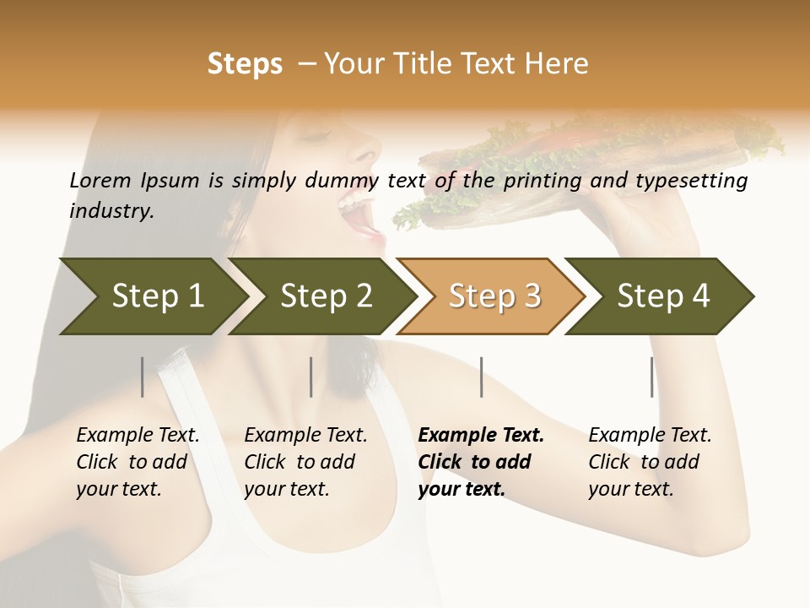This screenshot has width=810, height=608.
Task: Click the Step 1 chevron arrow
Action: [152, 296]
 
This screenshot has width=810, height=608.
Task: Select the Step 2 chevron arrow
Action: [325, 296]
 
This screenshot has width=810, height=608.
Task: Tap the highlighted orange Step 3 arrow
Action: [494, 296]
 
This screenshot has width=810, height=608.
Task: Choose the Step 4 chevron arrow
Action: [662, 296]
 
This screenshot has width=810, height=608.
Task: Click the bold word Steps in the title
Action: [245, 63]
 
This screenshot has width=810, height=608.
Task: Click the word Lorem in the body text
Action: [100, 180]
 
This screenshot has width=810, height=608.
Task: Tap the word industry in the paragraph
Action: [111, 210]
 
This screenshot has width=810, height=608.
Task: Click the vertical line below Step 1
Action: [143, 377]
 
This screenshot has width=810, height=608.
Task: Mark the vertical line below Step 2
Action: [311, 377]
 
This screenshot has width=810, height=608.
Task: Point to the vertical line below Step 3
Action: [482, 377]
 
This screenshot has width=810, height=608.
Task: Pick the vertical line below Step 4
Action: [652, 377]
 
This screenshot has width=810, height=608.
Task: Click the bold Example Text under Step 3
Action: [481, 435]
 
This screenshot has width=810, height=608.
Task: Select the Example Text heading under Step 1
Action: [138, 435]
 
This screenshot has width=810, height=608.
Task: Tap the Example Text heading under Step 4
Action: [650, 435]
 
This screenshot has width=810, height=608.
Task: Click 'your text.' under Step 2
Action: [286, 489]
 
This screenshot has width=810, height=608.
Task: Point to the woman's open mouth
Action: [364, 215]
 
